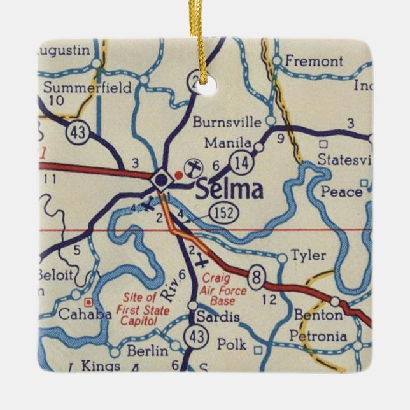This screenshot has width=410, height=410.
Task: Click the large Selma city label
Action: pos(229,190)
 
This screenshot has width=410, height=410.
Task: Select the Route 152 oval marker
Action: pos(227,213)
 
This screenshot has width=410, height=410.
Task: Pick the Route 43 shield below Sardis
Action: pos(194,336)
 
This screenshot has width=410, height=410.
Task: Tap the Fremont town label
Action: pos(314,62)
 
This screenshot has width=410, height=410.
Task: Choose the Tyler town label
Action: pos(308,256)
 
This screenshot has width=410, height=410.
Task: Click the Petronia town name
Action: pos(318,336)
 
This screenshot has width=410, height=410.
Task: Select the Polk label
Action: pos(231,344)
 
